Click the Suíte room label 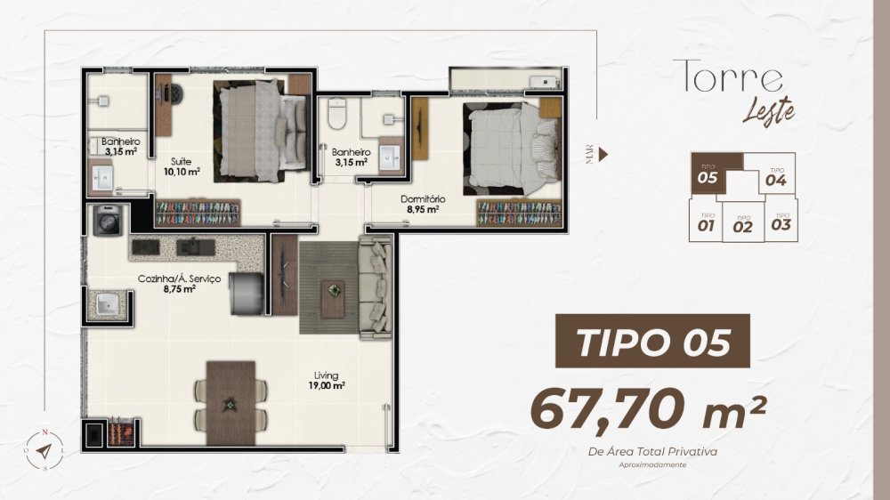point(181,161)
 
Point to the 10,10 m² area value point(182,172)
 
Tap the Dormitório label point(423,199)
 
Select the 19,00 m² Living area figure point(326,386)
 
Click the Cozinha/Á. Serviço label point(180,279)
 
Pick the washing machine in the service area point(108,221)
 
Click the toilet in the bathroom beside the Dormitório point(337,114)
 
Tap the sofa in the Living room point(376,287)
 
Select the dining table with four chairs point(231,404)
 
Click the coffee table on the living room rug point(333,299)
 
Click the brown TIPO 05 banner point(652,341)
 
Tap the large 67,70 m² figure point(649,409)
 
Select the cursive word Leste point(769,110)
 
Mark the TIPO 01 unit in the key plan point(706,222)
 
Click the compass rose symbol point(44,450)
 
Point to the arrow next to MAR point(603,155)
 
